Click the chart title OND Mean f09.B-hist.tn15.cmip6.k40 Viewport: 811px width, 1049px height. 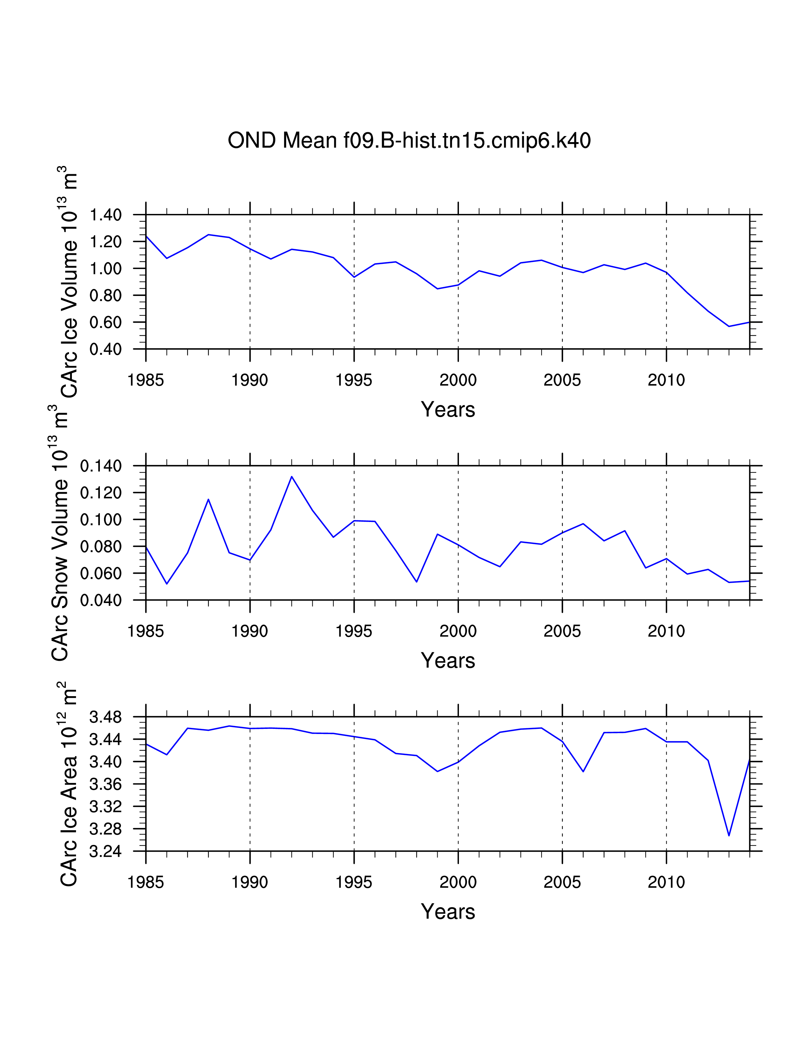pyautogui.click(x=409, y=140)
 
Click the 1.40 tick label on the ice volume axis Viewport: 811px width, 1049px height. pyautogui.click(x=106, y=215)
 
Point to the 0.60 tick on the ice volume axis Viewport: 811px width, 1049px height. pyautogui.click(x=106, y=322)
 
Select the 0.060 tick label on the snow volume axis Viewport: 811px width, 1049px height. pyautogui.click(x=101, y=573)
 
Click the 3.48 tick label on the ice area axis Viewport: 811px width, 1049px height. pyautogui.click(x=106, y=717)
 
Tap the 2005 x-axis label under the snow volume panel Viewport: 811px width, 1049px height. pyautogui.click(x=562, y=631)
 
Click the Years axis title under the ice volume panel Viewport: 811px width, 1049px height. pyautogui.click(x=448, y=410)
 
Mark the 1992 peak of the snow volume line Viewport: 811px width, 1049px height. pyautogui.click(x=292, y=477)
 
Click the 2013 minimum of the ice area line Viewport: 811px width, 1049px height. pyautogui.click(x=729, y=836)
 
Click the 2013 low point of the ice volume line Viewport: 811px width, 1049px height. pyautogui.click(x=729, y=326)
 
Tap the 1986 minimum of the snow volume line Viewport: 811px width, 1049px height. pyautogui.click(x=167, y=584)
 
